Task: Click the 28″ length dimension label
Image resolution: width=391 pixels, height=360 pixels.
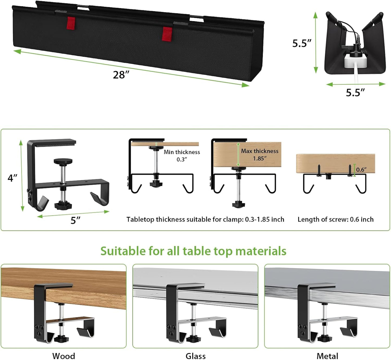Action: point(121,75)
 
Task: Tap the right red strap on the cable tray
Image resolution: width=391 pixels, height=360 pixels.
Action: point(167,34)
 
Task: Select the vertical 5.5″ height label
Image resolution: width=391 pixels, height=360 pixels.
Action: point(302,43)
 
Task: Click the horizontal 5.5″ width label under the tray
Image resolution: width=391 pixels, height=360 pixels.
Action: point(355,93)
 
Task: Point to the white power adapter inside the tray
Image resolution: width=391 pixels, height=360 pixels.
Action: point(354,61)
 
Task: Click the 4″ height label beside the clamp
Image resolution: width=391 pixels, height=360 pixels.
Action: point(12,178)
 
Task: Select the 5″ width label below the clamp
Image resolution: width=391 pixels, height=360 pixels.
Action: point(75,220)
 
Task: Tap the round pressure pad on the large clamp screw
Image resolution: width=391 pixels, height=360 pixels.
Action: point(63,161)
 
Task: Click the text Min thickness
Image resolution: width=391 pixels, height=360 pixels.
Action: point(182,152)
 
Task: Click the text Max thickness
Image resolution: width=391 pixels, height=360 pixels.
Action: point(259,151)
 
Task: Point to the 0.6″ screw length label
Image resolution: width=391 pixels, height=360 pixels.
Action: point(361,170)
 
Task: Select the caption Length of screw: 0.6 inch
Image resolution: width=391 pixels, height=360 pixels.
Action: point(335,220)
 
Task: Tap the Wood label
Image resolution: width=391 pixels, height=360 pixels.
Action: point(64,356)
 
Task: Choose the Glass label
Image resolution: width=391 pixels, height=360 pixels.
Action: point(195,356)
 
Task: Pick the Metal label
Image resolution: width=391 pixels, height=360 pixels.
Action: point(327,356)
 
